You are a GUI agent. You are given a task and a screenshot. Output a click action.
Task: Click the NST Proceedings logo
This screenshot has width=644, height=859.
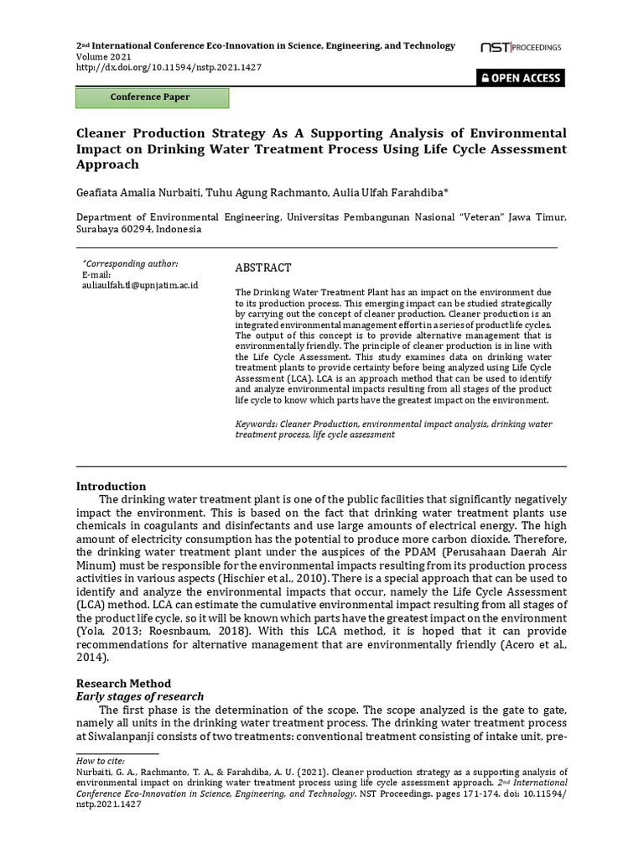(x=520, y=48)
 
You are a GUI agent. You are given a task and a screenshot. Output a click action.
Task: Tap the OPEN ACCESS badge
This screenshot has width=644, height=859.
(x=520, y=78)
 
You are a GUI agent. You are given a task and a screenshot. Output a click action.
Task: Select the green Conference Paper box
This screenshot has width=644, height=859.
(x=152, y=97)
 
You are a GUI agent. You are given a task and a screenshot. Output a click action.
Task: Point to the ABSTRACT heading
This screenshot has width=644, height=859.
(x=262, y=268)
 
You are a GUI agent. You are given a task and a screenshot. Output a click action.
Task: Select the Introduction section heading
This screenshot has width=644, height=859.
(x=111, y=487)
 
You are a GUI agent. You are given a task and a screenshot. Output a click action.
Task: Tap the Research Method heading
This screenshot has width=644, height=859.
(x=123, y=684)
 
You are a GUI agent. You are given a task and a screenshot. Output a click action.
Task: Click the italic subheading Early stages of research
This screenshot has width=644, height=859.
(x=139, y=696)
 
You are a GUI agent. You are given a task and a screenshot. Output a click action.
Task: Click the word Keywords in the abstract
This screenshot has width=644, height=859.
(x=255, y=424)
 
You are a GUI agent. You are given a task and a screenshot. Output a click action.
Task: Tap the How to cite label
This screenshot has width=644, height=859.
(x=97, y=761)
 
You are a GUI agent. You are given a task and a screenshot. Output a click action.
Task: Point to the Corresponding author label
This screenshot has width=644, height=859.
(x=130, y=263)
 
